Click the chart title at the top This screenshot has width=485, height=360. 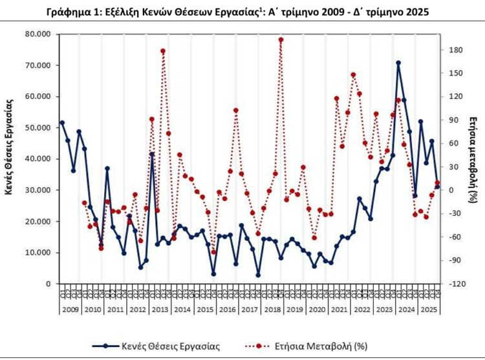243,12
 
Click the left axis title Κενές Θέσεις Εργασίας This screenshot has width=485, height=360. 10,158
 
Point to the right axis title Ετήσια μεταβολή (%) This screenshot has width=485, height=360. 473,158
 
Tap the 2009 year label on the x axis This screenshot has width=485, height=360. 70,310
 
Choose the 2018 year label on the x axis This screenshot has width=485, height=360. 272,310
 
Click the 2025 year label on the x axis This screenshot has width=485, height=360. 427,310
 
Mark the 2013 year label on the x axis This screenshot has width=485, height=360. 160,310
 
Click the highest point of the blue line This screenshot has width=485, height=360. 398,63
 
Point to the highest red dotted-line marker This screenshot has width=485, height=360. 281,39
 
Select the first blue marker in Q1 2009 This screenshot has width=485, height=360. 62,122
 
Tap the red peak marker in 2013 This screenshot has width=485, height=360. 163,51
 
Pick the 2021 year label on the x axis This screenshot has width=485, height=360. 339,310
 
